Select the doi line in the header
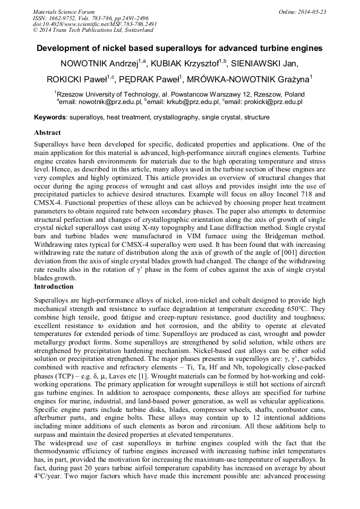point(95,24)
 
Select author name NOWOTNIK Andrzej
point(99,64)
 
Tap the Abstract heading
point(47,133)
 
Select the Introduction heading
point(54,287)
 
